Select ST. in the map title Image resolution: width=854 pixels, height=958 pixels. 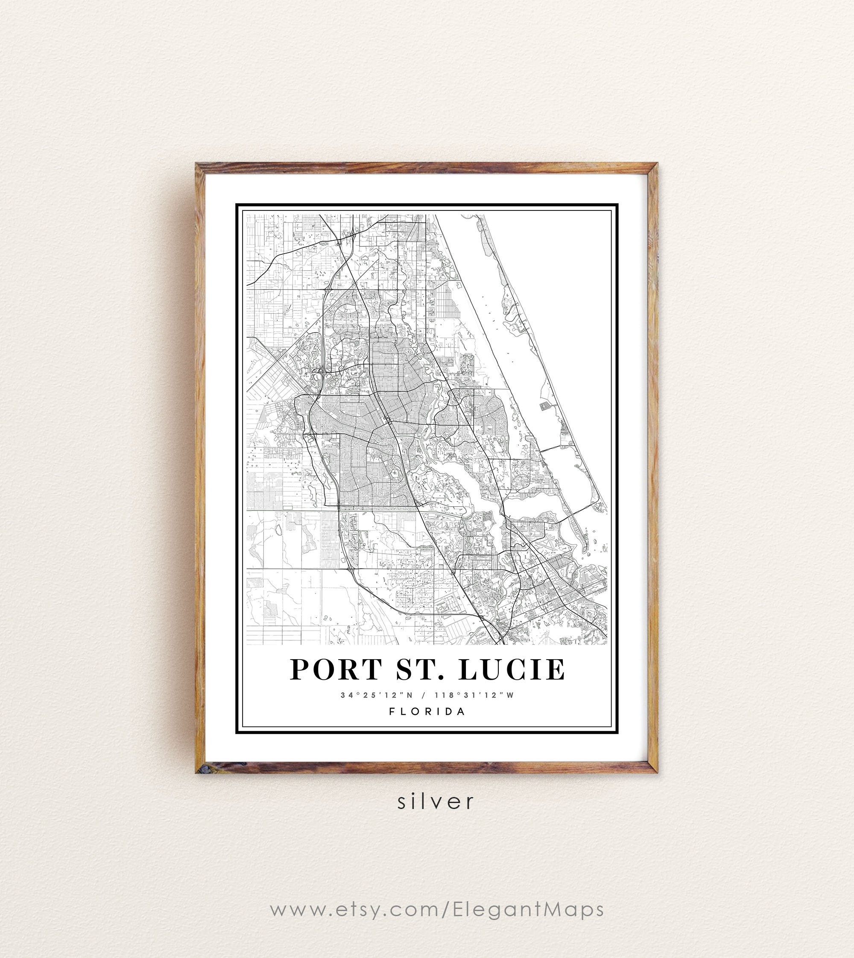419,669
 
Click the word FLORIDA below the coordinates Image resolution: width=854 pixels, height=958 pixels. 427,711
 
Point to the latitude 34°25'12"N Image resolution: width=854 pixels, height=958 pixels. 376,695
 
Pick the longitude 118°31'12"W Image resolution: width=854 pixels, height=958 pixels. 474,695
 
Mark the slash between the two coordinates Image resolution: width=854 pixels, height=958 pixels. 424,695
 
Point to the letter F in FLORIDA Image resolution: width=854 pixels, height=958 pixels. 392,711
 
